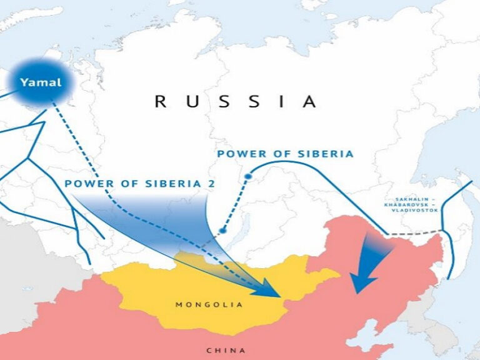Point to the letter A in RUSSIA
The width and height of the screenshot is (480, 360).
[x=309, y=102]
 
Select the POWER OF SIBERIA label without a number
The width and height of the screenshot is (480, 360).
[x=285, y=154]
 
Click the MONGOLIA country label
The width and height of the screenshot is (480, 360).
[x=208, y=305]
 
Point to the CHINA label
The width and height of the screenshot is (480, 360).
[x=226, y=351]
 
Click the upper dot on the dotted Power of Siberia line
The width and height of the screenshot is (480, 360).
[x=248, y=177]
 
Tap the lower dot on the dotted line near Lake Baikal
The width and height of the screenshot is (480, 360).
[x=222, y=231]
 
